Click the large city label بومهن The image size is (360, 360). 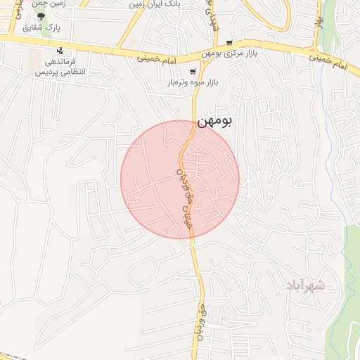[214, 122]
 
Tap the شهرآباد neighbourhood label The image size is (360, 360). [305, 285]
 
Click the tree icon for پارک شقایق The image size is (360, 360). [42, 16]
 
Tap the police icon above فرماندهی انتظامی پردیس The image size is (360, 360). [60, 51]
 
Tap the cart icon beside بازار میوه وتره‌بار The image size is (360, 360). [193, 71]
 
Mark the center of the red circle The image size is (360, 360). [180, 179]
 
